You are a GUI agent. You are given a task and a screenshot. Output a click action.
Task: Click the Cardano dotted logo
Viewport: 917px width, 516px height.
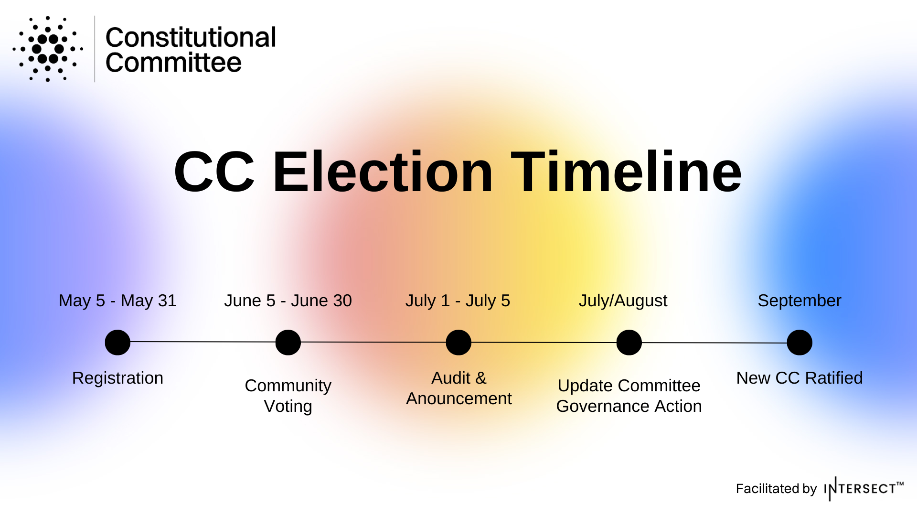pos(48,49)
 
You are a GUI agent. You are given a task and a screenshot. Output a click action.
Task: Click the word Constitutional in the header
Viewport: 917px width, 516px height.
pos(191,37)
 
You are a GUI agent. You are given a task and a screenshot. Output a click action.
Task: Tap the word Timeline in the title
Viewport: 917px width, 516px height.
pos(626,172)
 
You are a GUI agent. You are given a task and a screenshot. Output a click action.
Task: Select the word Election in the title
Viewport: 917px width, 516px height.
pos(383,172)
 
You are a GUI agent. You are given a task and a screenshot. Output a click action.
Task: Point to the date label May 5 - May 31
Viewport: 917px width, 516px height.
pos(117,301)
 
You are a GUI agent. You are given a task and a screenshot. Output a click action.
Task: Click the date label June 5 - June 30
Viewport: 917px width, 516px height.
pos(288,301)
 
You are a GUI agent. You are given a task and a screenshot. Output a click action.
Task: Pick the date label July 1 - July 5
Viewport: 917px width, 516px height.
pos(458,301)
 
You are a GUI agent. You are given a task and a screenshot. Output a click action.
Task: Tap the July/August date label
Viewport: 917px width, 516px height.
pos(623,301)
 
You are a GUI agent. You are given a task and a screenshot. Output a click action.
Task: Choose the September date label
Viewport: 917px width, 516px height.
pos(800,301)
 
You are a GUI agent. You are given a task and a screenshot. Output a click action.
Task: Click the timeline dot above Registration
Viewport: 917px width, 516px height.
pos(117,343)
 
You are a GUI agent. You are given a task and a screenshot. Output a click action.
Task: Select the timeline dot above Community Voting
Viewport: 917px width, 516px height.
pos(288,343)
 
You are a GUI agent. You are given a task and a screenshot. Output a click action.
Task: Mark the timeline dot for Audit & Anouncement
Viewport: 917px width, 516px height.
pos(458,343)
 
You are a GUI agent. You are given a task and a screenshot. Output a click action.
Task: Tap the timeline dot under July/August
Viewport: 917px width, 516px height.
pos(629,343)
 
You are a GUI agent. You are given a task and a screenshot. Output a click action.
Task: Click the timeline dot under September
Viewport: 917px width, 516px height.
pos(800,343)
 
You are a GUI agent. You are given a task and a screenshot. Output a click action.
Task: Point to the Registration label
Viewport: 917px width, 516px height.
pos(117,378)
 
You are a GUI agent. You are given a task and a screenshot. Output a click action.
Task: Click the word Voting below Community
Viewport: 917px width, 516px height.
pos(288,406)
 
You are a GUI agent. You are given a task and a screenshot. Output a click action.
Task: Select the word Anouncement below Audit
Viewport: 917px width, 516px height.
pos(459,398)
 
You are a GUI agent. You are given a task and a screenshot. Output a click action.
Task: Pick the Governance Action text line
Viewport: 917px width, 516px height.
pos(629,406)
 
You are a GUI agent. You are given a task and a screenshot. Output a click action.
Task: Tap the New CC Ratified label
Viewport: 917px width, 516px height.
pos(800,378)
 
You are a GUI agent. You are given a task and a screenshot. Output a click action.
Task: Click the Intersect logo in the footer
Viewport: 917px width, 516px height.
pos(864,488)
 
